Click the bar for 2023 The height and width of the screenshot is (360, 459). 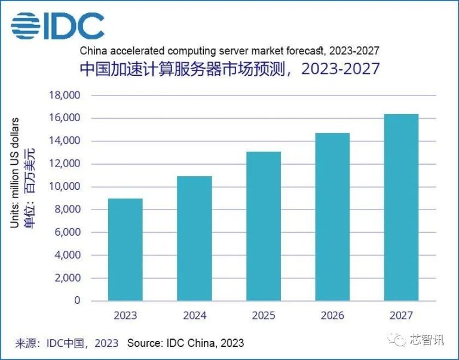(x=125, y=249)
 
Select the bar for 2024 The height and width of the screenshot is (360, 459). (x=194, y=238)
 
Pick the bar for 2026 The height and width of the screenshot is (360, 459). (x=332, y=216)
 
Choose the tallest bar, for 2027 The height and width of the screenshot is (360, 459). (x=401, y=207)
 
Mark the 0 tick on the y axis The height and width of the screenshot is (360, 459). (x=77, y=301)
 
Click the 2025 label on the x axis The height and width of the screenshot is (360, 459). (x=263, y=315)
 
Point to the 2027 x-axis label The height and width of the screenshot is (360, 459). (x=401, y=315)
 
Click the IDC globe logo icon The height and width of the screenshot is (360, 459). (x=23, y=26)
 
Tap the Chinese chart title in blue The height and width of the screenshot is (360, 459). (x=229, y=69)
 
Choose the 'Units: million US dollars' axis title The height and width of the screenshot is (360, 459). (x=15, y=173)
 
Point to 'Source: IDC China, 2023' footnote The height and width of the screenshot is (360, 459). (x=185, y=343)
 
